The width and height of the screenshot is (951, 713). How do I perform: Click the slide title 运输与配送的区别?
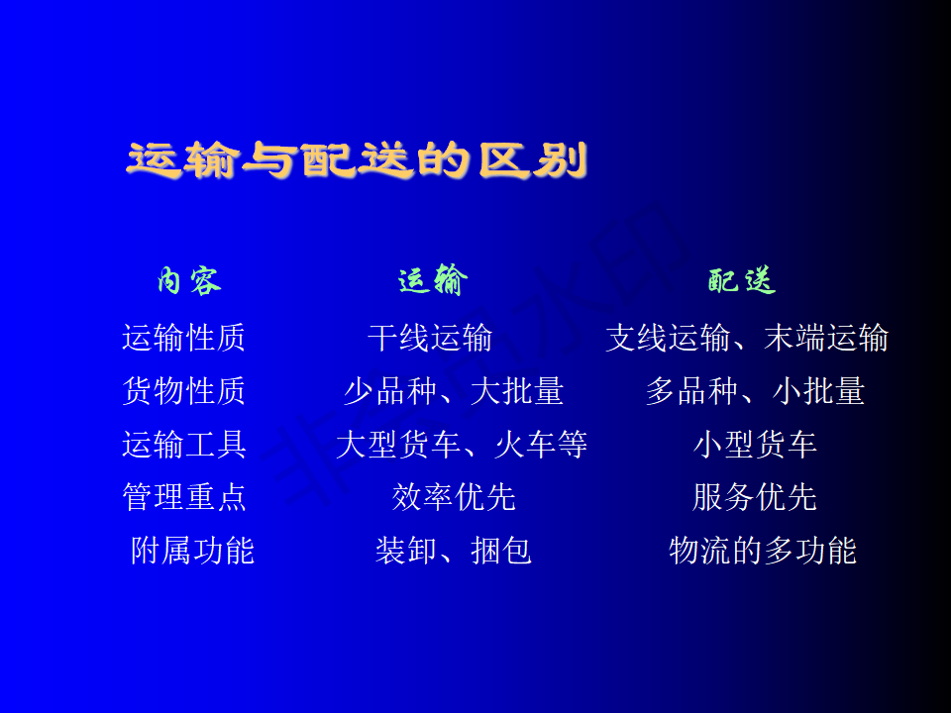pyautogui.click(x=357, y=160)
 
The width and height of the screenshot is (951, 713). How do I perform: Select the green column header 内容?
pyautogui.click(x=189, y=280)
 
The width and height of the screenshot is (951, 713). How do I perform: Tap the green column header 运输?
pyautogui.click(x=433, y=280)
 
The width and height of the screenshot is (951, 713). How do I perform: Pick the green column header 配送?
pyautogui.click(x=742, y=280)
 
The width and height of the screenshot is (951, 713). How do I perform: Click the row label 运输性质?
pyautogui.click(x=184, y=338)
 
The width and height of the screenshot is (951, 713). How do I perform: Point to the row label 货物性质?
pyautogui.click(x=184, y=391)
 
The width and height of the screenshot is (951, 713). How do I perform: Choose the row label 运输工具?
pyautogui.click(x=184, y=445)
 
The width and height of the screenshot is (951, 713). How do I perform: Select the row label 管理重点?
pyautogui.click(x=184, y=497)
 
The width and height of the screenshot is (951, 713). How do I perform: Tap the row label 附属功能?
pyautogui.click(x=192, y=551)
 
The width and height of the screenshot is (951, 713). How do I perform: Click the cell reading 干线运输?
pyautogui.click(x=430, y=338)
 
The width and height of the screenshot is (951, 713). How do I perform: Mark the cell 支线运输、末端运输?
pyautogui.click(x=747, y=338)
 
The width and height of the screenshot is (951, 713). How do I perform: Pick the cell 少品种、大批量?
pyautogui.click(x=454, y=391)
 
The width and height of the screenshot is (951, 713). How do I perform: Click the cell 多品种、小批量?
pyautogui.click(x=755, y=391)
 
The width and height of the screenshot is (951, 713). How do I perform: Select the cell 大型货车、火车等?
pyautogui.click(x=462, y=445)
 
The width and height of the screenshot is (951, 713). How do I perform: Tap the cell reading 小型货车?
pyautogui.click(x=755, y=445)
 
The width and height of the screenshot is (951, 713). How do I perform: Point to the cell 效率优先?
pyautogui.click(x=454, y=497)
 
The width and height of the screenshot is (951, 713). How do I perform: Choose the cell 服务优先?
pyautogui.click(x=755, y=497)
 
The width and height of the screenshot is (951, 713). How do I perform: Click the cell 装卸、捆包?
pyautogui.click(x=454, y=551)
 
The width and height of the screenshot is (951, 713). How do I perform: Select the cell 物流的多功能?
pyautogui.click(x=763, y=551)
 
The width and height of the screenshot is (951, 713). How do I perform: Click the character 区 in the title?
pyautogui.click(x=503, y=160)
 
